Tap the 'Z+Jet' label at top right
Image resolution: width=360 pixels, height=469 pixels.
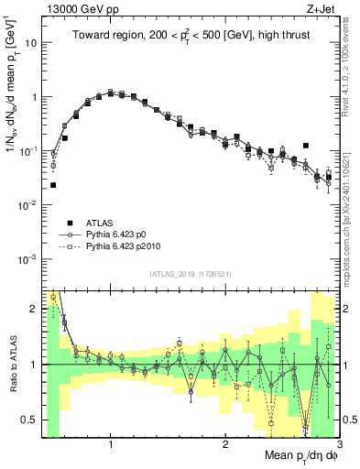pos(322,8)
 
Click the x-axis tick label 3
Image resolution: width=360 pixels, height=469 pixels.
pos(338,444)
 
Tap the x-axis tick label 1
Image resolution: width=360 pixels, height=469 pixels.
pos(111,444)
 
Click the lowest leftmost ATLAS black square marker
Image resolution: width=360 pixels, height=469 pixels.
pos(53,185)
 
